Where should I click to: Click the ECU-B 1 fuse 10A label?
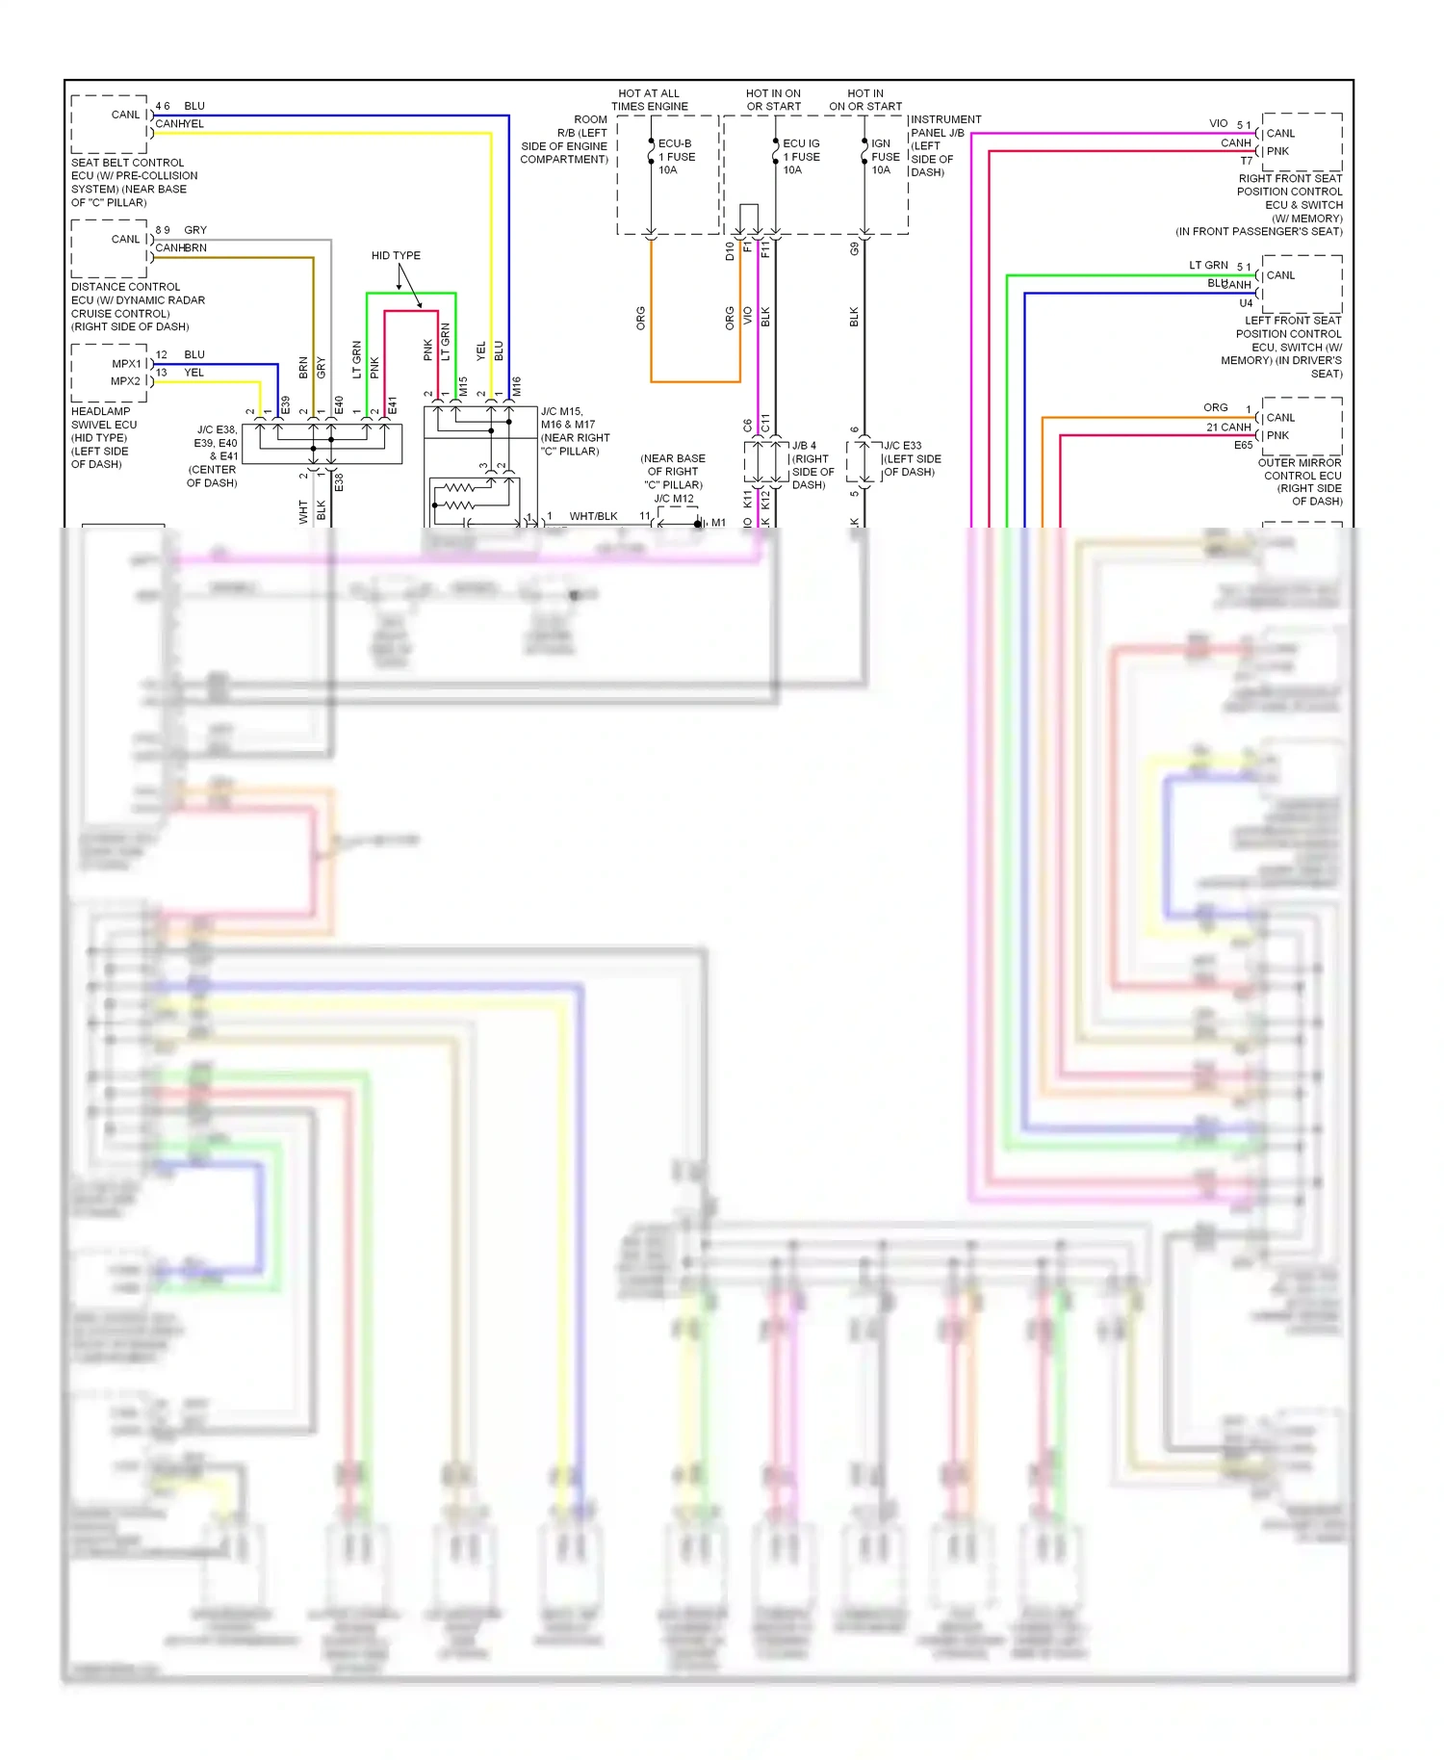coord(676,157)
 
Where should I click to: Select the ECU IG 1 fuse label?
coord(801,157)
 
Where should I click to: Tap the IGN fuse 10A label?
coord(885,157)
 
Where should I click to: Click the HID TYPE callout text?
coord(396,256)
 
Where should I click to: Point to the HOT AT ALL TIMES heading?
coord(649,100)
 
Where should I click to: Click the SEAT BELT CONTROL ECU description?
coord(134,183)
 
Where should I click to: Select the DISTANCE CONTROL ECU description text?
coord(138,307)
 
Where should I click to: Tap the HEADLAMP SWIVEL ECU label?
coord(104,438)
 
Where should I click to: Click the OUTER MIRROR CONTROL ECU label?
coord(1302,482)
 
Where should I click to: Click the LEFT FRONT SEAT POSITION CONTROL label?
coord(1287,347)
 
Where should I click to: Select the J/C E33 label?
coord(911,459)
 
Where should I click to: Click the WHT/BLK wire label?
coord(593,517)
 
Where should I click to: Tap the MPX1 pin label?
coord(126,364)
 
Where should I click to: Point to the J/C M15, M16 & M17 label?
coord(575,431)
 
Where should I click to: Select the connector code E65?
coord(1243,446)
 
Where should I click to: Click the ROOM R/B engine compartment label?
coord(566,140)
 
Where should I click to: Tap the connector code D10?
coord(730,251)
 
